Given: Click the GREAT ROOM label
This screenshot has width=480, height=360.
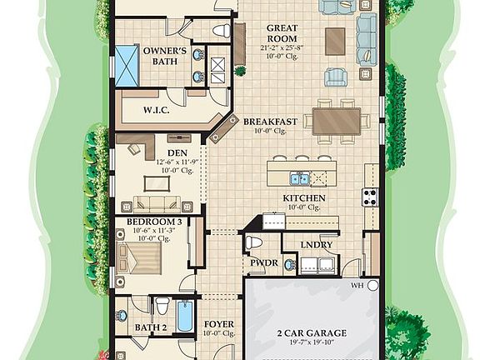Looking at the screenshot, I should pyautogui.click(x=282, y=33).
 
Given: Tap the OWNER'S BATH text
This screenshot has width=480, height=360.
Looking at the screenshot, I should pyautogui.click(x=163, y=56).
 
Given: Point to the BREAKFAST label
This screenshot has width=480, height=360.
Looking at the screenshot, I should pyautogui.click(x=270, y=122).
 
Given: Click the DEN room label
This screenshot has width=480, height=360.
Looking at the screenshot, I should pyautogui.click(x=177, y=153).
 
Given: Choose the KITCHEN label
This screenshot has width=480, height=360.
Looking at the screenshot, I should pyautogui.click(x=304, y=198).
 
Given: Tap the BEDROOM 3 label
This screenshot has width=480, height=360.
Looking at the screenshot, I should pyautogui.click(x=155, y=222).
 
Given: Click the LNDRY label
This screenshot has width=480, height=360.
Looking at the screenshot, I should pyautogui.click(x=318, y=245).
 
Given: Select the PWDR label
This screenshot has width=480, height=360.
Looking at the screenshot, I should pyautogui.click(x=264, y=262).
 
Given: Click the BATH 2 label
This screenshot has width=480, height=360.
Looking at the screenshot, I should pyautogui.click(x=152, y=327).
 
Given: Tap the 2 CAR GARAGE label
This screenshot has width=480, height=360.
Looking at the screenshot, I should pyautogui.click(x=312, y=332).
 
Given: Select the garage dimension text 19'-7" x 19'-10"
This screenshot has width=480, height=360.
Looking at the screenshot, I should pyautogui.click(x=312, y=342).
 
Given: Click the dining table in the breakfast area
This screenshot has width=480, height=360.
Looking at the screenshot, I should pyautogui.click(x=337, y=120).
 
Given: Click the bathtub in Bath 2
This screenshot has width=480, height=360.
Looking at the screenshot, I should pyautogui.click(x=186, y=317).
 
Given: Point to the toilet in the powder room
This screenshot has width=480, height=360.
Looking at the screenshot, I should pyautogui.click(x=254, y=242).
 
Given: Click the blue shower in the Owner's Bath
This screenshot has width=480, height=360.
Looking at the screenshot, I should pyautogui.click(x=127, y=62).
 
